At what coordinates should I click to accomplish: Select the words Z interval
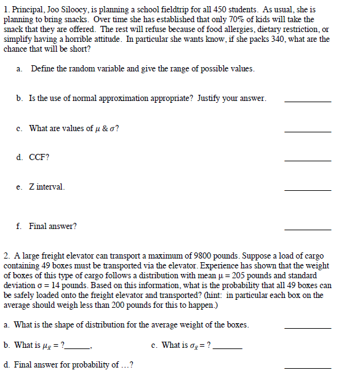(x=47, y=187)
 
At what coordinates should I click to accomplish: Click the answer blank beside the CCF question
(x=308, y=161)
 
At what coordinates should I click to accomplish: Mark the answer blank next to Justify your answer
(x=308, y=101)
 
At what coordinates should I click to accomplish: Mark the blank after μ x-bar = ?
(x=78, y=348)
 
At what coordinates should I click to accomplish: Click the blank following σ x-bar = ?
(x=227, y=348)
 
